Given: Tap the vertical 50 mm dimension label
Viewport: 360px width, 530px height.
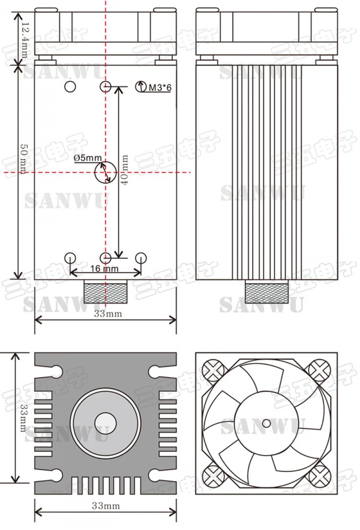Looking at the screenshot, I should point(23,159).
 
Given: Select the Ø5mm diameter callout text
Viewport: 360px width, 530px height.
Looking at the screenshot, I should point(87,158).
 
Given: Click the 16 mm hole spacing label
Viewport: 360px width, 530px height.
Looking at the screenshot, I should point(104,269).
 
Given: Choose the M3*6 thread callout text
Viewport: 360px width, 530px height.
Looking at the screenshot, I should point(160,87).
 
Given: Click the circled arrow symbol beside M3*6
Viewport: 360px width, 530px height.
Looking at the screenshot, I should point(141,87).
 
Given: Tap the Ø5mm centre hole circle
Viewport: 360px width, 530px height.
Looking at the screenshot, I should point(105,172).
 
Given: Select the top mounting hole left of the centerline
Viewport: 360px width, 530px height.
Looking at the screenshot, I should point(70,86).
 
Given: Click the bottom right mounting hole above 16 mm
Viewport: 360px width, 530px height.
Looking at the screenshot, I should point(141,258).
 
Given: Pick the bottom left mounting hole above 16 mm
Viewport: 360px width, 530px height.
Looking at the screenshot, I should point(70,258).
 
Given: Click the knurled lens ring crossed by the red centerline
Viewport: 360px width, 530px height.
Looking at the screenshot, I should point(105,292).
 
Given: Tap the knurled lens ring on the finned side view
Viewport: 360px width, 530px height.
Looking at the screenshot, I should point(266,292).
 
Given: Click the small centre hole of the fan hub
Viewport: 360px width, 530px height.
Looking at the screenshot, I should point(266,423).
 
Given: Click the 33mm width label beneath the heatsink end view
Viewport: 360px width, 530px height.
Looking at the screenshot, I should point(105,506).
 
